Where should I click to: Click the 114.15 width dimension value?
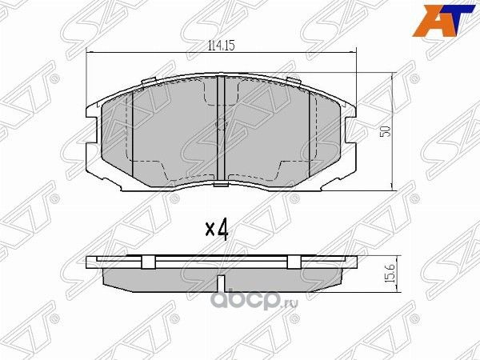tap(219, 45)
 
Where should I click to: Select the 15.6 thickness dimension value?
tap(390, 275)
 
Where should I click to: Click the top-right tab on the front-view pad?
tap(294, 81)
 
